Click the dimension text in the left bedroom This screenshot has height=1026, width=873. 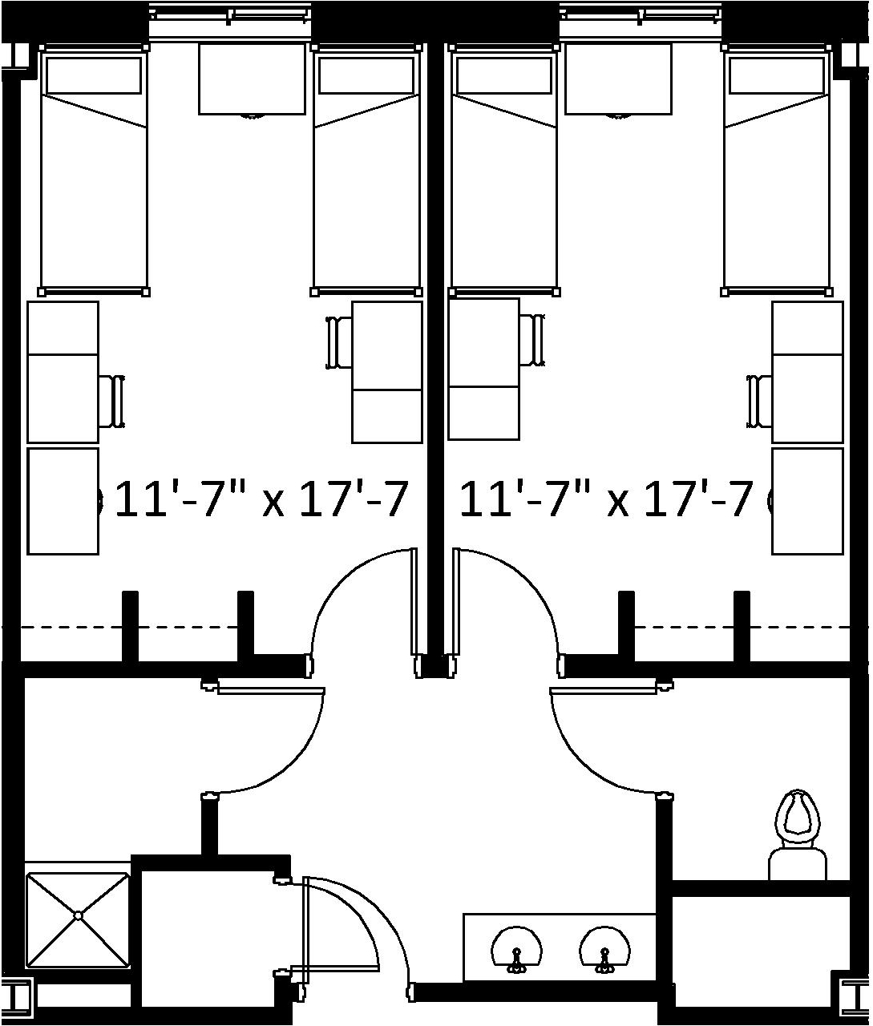[x=262, y=499]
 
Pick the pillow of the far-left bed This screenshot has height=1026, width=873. [x=93, y=75]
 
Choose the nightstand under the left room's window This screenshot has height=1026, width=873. [x=252, y=79]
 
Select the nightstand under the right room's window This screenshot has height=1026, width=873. [x=618, y=79]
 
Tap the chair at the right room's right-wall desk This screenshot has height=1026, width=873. [x=759, y=401]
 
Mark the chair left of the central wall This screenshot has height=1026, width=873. [x=340, y=342]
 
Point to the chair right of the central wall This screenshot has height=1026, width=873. [x=532, y=340]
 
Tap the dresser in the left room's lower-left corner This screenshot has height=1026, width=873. [x=63, y=501]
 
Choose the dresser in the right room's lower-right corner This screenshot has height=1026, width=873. [x=807, y=501]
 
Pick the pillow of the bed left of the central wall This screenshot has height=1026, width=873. [x=366, y=75]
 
